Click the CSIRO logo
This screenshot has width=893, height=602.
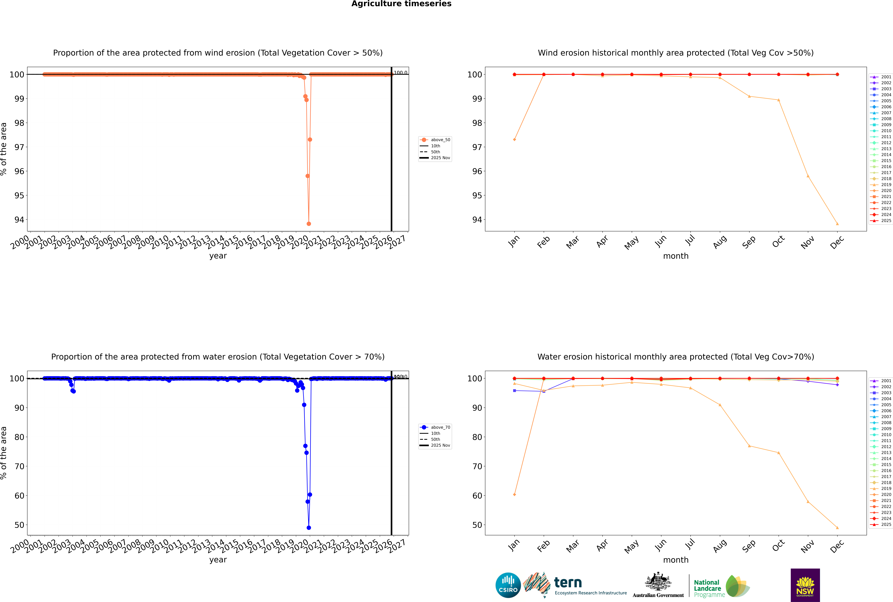click(x=508, y=585)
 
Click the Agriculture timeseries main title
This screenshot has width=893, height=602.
click(x=401, y=4)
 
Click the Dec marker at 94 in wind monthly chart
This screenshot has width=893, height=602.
click(x=837, y=224)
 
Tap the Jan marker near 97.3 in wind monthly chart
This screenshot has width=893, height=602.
click(x=514, y=139)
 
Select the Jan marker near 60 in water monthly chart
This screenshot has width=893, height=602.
click(x=514, y=495)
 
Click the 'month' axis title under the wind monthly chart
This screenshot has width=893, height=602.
click(x=676, y=256)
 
